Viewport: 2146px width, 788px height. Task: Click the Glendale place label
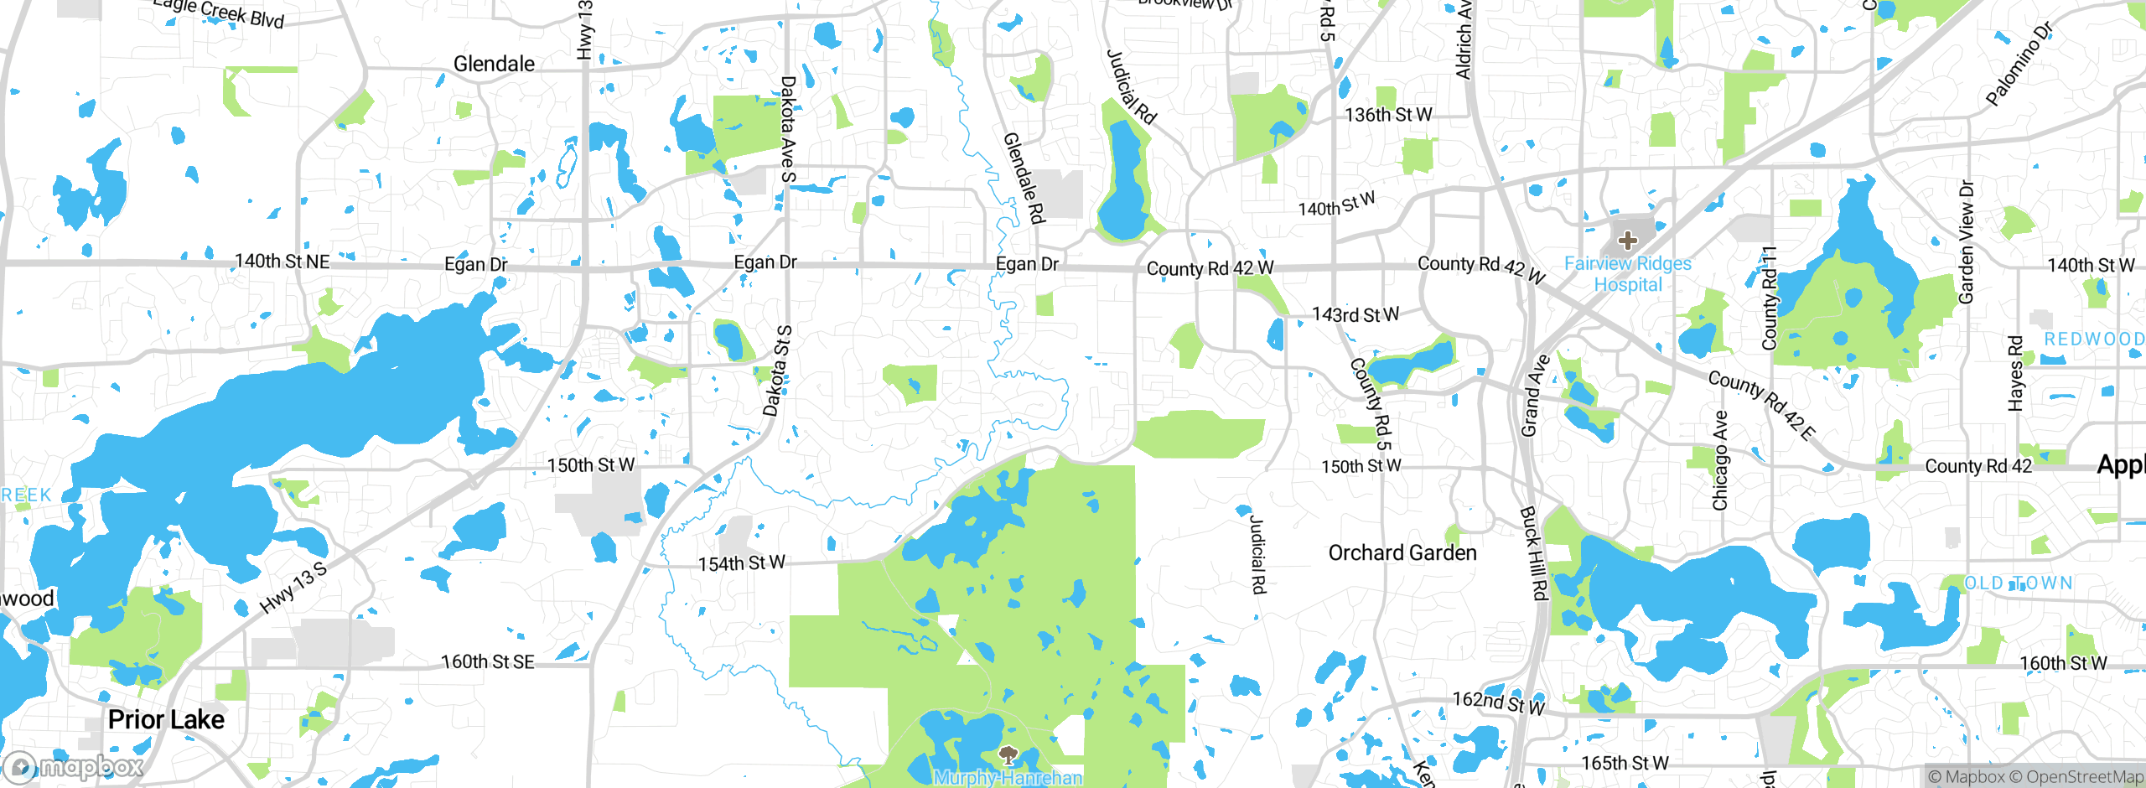click(x=494, y=64)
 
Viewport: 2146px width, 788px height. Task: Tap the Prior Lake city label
click(x=166, y=719)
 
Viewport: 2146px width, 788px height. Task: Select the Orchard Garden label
click(x=1402, y=552)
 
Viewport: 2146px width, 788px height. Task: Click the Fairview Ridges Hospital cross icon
click(x=1627, y=241)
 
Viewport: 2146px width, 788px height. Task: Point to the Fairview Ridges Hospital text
click(x=1627, y=274)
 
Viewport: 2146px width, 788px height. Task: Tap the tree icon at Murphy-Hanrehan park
click(x=1008, y=756)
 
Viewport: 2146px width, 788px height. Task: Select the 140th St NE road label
click(x=282, y=262)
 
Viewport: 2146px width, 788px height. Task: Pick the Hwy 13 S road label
click(x=293, y=588)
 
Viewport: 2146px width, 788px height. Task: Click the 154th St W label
click(x=742, y=562)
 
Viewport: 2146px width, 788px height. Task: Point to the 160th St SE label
click(x=487, y=662)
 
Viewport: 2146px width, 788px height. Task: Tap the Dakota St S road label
click(x=778, y=371)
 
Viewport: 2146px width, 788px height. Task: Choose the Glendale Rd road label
click(x=1024, y=178)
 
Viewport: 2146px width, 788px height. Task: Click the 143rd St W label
click(x=1355, y=314)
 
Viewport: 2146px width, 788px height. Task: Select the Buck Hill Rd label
click(x=1533, y=553)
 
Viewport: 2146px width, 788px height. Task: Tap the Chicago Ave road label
click(x=1720, y=460)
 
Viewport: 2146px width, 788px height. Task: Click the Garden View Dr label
click(x=1967, y=241)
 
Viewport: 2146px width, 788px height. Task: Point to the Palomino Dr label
click(x=2019, y=65)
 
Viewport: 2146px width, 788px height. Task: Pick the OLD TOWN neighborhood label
click(x=2019, y=583)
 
